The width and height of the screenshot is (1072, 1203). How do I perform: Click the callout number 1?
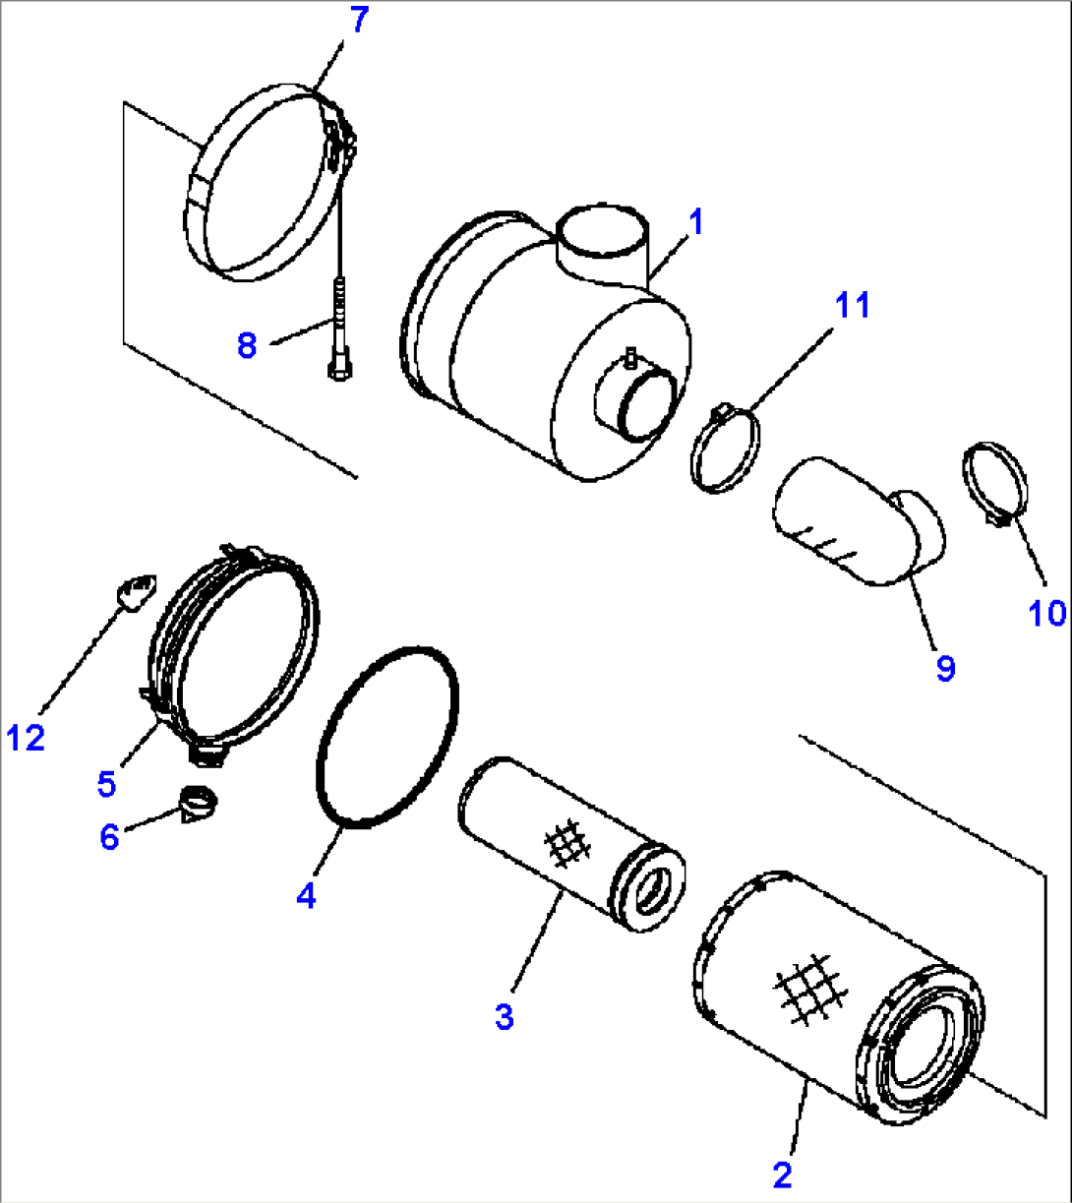[x=695, y=222]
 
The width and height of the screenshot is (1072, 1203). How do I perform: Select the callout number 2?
[x=782, y=1174]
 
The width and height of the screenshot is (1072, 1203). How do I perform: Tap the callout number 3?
[x=504, y=1017]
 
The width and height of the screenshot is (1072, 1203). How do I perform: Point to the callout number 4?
[x=307, y=895]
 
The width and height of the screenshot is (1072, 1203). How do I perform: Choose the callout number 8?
[x=247, y=344]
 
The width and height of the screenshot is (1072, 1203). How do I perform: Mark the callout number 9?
[x=944, y=669]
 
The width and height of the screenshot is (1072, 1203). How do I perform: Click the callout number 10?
[x=1047, y=613]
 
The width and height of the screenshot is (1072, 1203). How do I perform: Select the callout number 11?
[x=852, y=306]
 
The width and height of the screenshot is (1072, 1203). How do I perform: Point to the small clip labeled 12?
[x=135, y=591]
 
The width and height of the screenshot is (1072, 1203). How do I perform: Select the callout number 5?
[x=106, y=783]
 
